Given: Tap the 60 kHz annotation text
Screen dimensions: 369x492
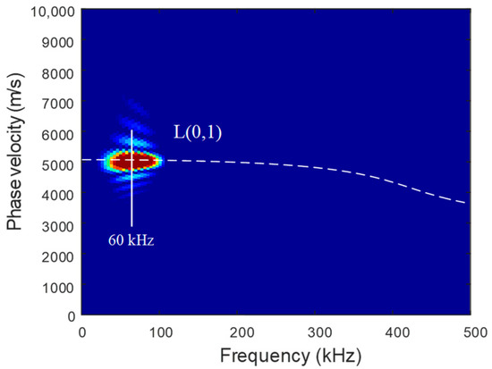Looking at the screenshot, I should (x=131, y=239).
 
